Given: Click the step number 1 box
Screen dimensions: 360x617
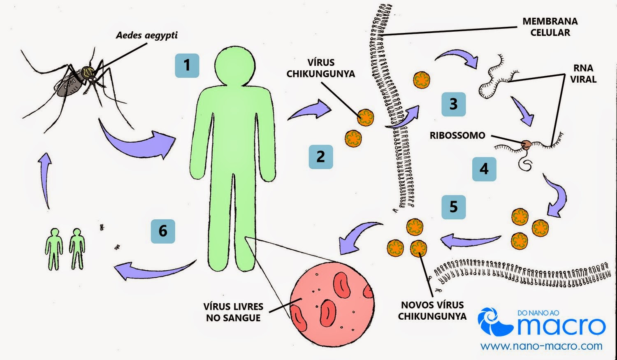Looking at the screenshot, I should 187,65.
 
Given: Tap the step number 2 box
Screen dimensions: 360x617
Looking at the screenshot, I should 320,157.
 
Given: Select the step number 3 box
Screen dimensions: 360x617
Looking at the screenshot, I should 453,104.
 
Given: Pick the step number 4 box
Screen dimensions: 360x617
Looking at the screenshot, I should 484,169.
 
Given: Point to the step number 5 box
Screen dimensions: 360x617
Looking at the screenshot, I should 453,207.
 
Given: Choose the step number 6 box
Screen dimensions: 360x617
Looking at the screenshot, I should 163,231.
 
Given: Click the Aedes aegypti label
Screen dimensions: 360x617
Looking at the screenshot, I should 147,35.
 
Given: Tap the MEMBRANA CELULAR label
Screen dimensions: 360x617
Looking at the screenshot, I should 550,27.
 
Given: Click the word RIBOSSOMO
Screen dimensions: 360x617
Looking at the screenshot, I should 457,135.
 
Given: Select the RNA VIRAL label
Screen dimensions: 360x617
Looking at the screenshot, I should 583,74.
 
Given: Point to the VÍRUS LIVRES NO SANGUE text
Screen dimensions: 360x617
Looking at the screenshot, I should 233,312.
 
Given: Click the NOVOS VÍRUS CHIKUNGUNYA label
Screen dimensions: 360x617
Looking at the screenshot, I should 432,311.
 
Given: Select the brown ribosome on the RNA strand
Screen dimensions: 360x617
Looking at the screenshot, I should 526,144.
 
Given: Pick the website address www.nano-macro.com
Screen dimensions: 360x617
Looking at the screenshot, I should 541,346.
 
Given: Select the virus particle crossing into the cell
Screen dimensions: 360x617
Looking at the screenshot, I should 421,80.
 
